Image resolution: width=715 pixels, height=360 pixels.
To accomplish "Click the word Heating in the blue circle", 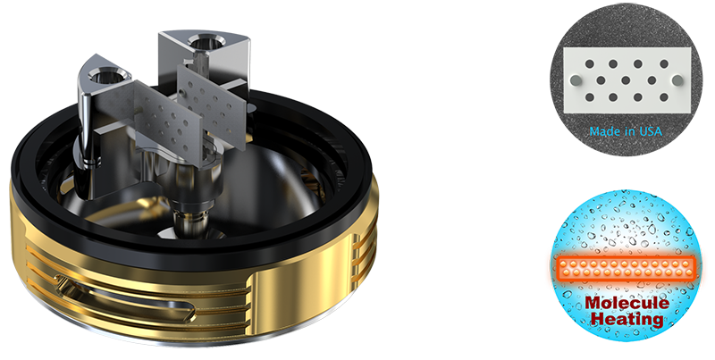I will click(x=625, y=320).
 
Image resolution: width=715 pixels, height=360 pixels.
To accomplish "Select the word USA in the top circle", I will click(x=650, y=132).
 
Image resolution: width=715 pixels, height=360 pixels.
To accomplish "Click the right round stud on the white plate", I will click(x=677, y=80).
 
